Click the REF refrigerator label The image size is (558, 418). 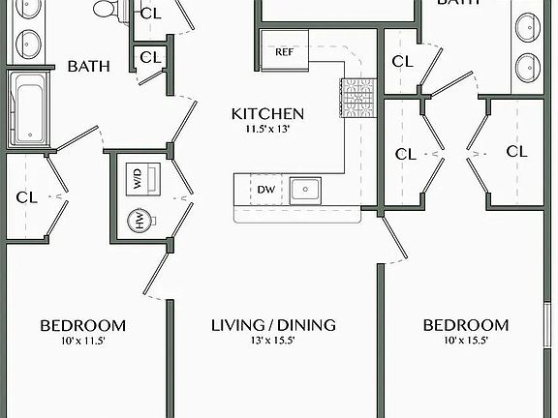point(285,52)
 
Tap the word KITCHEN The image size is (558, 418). point(267,114)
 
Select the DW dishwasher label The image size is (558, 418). point(265,190)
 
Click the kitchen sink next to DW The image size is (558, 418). point(306,189)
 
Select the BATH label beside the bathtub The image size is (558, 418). point(87,67)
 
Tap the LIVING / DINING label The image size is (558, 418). point(273,325)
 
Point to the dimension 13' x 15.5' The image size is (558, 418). point(273,341)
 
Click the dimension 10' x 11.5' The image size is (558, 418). point(83,341)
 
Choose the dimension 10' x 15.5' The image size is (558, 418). point(466,341)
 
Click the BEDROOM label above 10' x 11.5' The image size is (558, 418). point(83,325)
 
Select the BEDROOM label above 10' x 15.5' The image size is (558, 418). point(466,325)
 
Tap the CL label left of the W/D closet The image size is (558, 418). point(26,197)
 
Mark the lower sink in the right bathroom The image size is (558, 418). point(528,67)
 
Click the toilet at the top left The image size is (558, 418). point(108,10)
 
